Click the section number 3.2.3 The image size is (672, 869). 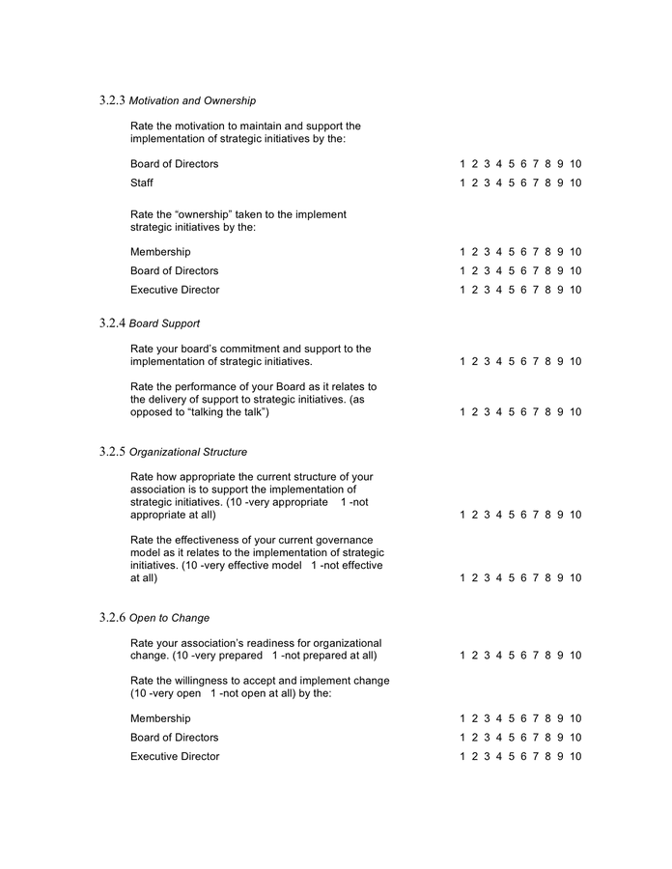[112, 100]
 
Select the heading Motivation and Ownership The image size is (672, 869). [192, 101]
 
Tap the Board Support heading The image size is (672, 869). [164, 323]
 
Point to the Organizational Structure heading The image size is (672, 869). [187, 452]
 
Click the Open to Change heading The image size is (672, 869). [169, 618]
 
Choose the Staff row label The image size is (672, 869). [142, 183]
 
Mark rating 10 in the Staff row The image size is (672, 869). [575, 183]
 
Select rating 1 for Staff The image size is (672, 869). [463, 183]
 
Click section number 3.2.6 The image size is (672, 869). [112, 617]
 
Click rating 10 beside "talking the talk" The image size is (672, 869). [575, 412]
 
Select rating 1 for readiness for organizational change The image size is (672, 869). [463, 656]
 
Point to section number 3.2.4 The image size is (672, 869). [112, 322]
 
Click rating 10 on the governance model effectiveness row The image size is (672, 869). [575, 578]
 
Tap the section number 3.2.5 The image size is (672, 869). [112, 451]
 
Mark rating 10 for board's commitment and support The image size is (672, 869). [575, 362]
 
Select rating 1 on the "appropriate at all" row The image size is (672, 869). [463, 516]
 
